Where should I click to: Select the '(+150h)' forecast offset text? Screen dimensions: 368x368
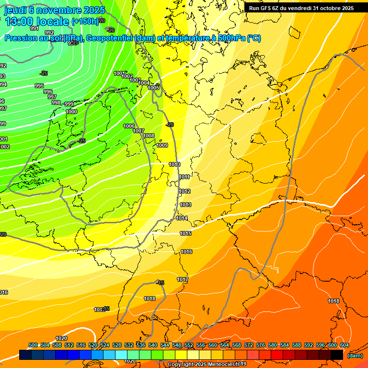tap(85, 22)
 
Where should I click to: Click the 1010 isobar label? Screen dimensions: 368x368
tap(174, 165)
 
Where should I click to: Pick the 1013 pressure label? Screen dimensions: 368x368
tap(185, 205)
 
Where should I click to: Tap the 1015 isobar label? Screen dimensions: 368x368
tap(185, 234)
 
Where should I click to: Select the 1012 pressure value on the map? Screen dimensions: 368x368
tap(184, 192)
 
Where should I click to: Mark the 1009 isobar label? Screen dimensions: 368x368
tap(162, 145)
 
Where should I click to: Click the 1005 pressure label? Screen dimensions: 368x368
tap(153, 88)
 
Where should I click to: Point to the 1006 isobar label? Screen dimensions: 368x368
tap(129, 126)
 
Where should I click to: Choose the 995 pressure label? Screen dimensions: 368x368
tap(39, 86)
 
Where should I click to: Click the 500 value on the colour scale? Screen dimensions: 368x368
tap(33, 345)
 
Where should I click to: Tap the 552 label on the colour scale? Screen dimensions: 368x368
tap(189, 345)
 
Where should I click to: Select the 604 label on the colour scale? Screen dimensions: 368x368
tap(345, 345)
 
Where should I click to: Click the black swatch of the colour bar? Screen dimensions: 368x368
tap(336, 355)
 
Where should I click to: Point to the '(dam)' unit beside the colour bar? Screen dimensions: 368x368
tap(355, 356)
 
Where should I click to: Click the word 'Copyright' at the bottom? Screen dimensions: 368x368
tap(181, 365)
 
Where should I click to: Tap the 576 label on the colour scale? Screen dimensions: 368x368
tap(261, 345)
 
